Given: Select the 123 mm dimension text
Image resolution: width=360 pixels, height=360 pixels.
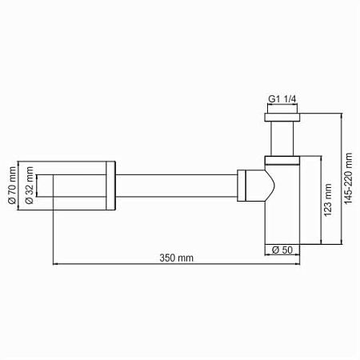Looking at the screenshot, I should (327, 202).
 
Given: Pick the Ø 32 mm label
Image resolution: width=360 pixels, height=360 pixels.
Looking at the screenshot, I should (30, 189).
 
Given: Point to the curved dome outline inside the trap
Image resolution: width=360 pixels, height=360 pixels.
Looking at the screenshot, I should (272, 180).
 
